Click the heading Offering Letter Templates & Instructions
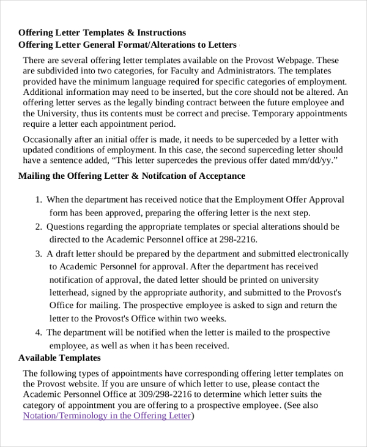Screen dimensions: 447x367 102,32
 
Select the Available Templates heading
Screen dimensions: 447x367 59,358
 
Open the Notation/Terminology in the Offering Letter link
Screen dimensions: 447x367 108,416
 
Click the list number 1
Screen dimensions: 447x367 38,200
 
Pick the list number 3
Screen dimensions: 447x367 38,254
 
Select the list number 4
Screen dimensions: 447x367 38,332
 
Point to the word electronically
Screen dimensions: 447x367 324,254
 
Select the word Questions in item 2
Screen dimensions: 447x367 67,227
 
